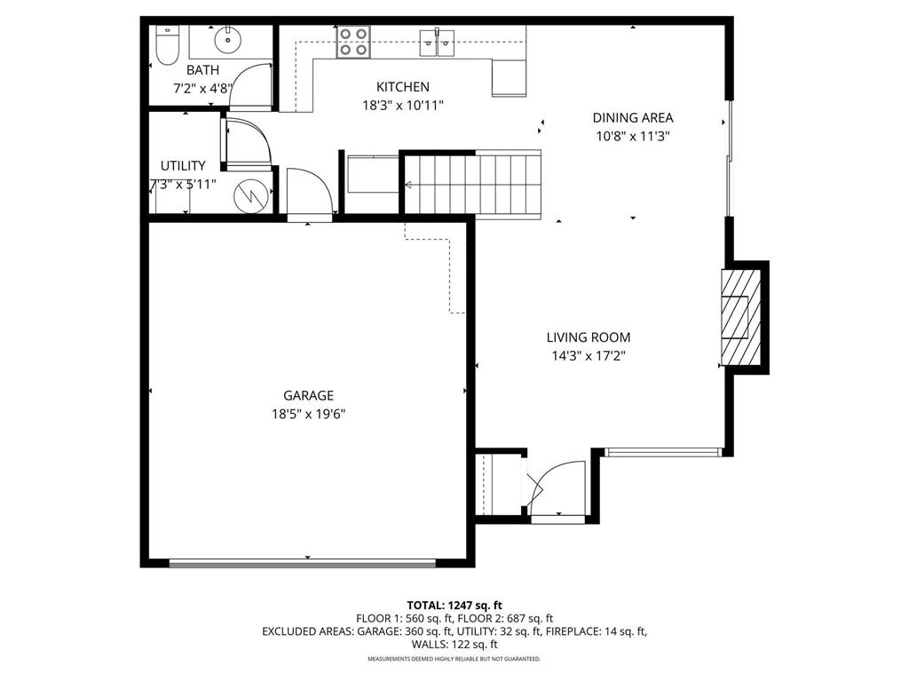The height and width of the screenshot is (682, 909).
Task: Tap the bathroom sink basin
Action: pyautogui.click(x=229, y=38)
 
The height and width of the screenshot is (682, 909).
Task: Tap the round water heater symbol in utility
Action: pyautogui.click(x=251, y=195)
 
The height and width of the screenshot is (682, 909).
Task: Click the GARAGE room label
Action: pyautogui.click(x=308, y=396)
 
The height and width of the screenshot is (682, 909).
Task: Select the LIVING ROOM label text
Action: pyautogui.click(x=588, y=337)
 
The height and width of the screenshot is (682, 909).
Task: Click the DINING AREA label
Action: pyautogui.click(x=632, y=117)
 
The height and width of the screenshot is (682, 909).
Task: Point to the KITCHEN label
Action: pyautogui.click(x=403, y=87)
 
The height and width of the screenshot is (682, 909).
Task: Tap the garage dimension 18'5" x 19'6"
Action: pyautogui.click(x=308, y=413)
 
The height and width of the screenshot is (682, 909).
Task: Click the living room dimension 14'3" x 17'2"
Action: pyautogui.click(x=588, y=355)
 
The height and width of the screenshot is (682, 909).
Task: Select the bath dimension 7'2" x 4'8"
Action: pyautogui.click(x=202, y=88)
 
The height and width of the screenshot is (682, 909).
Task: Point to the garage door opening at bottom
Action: pyautogui.click(x=302, y=562)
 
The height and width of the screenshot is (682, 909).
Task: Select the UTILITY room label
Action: pyautogui.click(x=183, y=166)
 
